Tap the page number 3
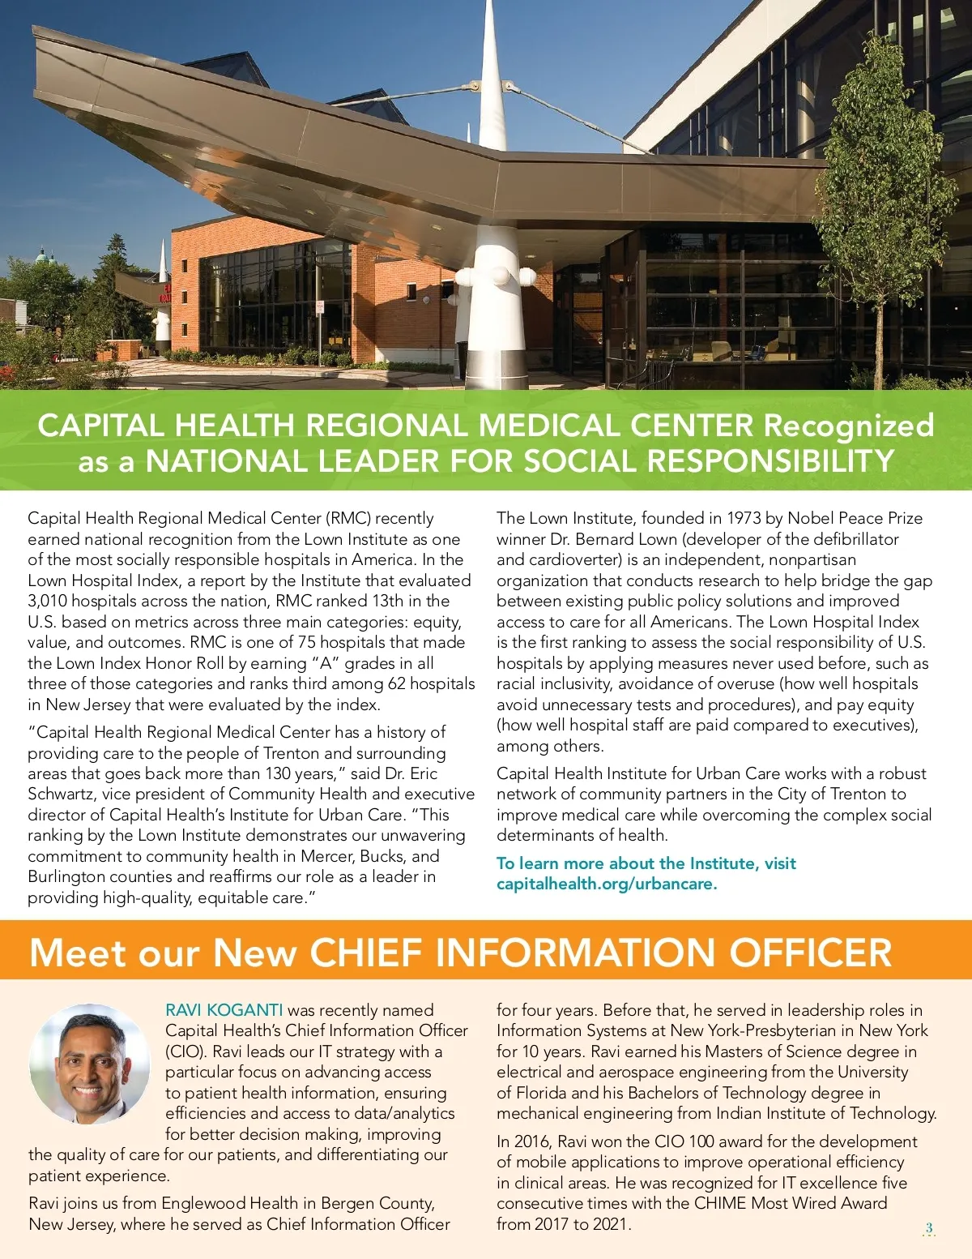[x=929, y=1227]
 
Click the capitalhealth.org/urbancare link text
[x=607, y=884]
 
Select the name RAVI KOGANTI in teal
[x=224, y=1010]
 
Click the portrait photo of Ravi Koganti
[x=89, y=1064]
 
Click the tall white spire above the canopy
[x=492, y=73]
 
